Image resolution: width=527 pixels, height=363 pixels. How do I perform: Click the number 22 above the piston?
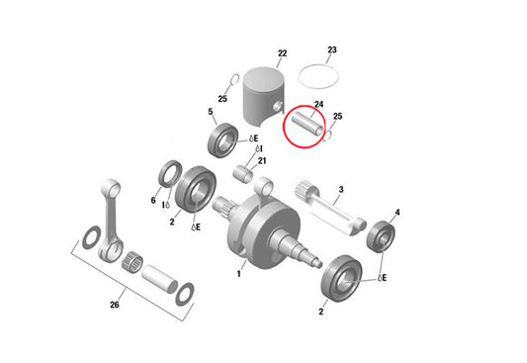tap(282, 53)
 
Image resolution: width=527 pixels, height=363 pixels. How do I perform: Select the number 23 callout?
tap(332, 48)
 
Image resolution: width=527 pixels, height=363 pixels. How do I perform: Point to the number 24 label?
tap(318, 104)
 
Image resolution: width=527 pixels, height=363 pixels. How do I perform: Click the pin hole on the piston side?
tap(283, 109)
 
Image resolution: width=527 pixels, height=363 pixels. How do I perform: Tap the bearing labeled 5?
tap(221, 140)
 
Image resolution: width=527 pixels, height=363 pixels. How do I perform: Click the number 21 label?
tap(262, 160)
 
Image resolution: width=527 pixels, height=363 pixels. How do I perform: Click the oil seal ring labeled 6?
tap(169, 176)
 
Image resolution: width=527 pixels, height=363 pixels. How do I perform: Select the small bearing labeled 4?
tap(380, 237)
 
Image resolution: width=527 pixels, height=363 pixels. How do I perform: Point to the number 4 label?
tap(396, 212)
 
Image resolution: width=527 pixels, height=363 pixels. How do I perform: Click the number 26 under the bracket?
tap(114, 305)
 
